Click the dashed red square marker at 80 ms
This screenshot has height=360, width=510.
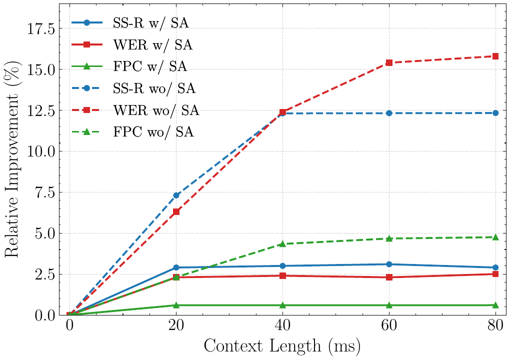coord(495,56)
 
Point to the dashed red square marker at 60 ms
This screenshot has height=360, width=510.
coord(389,62)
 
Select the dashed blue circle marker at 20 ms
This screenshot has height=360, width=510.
coord(176,195)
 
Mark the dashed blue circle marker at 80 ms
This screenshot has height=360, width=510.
coord(495,113)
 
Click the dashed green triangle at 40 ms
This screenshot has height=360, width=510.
coord(282,243)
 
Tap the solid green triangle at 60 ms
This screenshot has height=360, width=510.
coord(389,305)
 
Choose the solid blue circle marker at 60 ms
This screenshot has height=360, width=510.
coord(389,264)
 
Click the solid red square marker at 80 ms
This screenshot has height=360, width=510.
coord(495,274)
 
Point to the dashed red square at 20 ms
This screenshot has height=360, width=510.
coord(176,211)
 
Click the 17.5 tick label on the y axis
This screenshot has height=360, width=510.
coord(40,29)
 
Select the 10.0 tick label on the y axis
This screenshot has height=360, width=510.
coord(40,151)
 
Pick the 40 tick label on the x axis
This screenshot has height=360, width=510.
coord(282,325)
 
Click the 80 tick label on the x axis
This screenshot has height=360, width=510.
coord(495,325)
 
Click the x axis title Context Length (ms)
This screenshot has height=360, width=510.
coord(282,346)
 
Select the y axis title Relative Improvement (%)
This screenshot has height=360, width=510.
coord(13,160)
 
